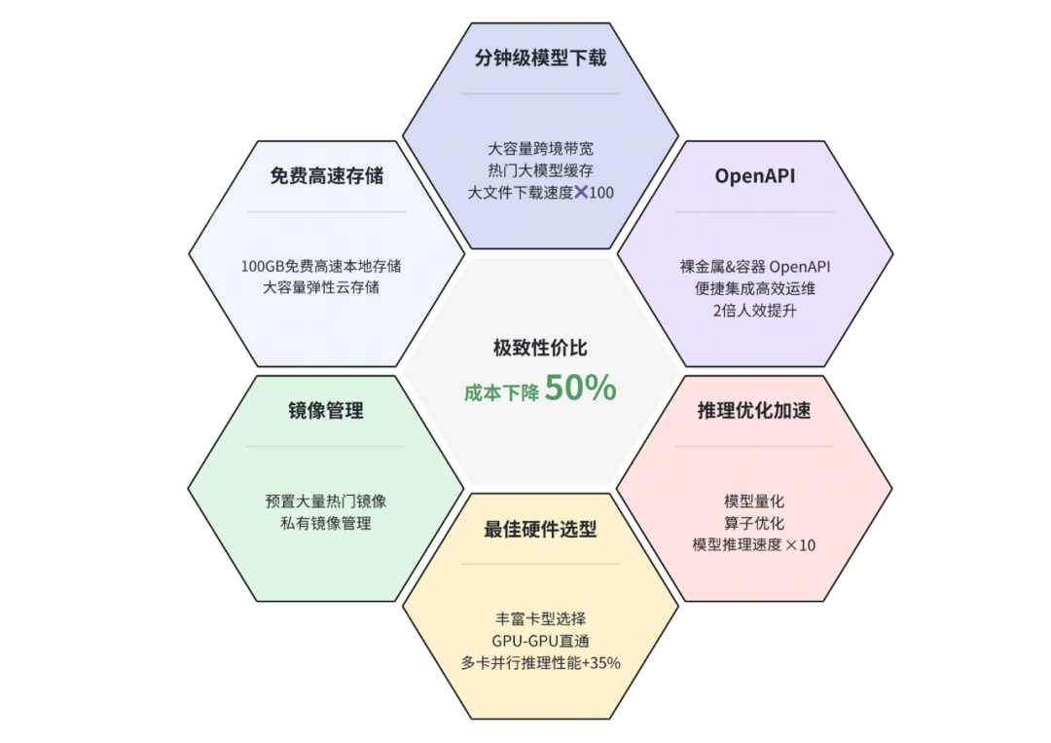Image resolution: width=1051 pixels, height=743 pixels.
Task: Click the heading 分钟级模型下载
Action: (540, 58)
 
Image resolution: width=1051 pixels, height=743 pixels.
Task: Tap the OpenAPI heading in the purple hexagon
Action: (755, 175)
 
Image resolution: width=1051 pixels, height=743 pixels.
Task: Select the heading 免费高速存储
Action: (326, 175)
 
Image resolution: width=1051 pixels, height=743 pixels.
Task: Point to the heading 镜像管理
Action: (326, 410)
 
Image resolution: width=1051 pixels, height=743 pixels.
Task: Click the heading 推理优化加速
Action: (754, 410)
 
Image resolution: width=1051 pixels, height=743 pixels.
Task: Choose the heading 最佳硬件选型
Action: (540, 529)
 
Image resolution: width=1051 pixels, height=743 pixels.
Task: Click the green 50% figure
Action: (580, 388)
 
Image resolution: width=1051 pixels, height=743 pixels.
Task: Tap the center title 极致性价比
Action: (540, 348)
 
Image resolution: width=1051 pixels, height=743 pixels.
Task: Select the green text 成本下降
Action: (501, 392)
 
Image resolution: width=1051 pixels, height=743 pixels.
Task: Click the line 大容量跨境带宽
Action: (540, 148)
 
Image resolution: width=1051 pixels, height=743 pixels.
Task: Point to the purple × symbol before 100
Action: (581, 193)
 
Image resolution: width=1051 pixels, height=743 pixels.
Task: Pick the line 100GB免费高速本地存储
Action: (321, 266)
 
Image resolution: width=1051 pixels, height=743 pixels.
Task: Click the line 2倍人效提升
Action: (755, 311)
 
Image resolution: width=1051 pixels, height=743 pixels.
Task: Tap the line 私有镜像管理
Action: (326, 523)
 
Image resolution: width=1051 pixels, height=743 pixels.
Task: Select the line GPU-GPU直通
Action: (540, 641)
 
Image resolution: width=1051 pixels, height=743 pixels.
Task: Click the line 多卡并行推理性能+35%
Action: (540, 663)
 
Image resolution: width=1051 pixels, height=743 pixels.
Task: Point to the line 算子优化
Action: (754, 523)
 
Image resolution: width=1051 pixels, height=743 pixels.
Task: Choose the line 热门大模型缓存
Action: (540, 170)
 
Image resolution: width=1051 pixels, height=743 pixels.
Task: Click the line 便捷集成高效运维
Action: (755, 288)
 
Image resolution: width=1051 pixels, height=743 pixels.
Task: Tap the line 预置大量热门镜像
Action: (326, 501)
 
